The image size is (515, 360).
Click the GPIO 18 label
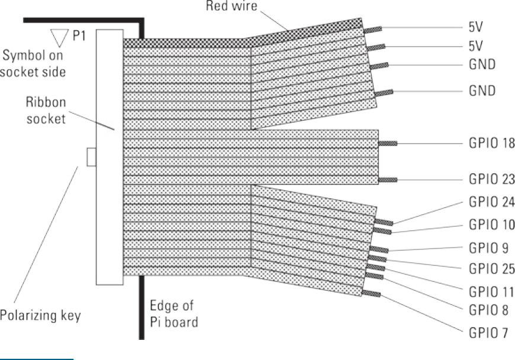pos(488,143)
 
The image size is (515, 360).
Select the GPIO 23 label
pos(488,179)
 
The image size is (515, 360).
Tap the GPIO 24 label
pos(488,202)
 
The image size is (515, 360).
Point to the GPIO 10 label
pos(488,225)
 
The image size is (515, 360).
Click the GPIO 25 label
pos(488,269)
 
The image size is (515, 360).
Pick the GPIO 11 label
pos(488,291)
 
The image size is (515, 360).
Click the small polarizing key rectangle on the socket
pos(90,157)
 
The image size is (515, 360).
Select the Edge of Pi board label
pos(176,314)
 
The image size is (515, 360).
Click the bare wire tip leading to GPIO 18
pos(388,143)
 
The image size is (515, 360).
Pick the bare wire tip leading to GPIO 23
pos(388,179)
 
